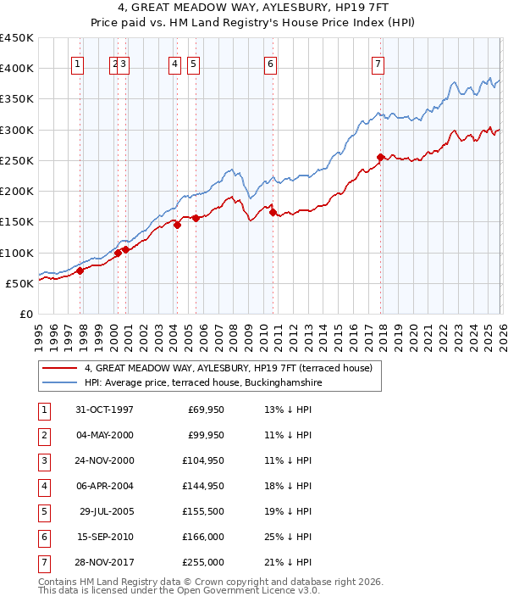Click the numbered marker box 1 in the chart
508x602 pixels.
(x=78, y=64)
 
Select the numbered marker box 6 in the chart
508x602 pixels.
(x=270, y=64)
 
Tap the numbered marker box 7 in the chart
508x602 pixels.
(x=377, y=64)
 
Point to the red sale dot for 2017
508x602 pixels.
(x=380, y=157)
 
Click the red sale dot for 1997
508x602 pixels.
(x=80, y=271)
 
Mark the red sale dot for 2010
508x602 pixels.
(x=273, y=212)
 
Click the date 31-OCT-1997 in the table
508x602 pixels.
(x=104, y=410)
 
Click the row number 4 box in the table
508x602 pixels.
(x=41, y=486)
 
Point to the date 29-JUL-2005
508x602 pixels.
(x=104, y=511)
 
